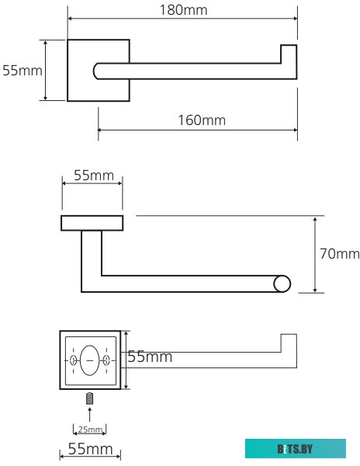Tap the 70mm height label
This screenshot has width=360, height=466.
tap(340, 254)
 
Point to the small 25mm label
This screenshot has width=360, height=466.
tap(89, 429)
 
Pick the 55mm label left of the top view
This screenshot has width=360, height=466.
tap(22, 71)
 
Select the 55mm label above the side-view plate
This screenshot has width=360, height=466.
tap(93, 176)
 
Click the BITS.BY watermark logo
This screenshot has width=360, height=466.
tap(296, 448)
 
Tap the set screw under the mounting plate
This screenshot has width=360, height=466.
tap(90, 399)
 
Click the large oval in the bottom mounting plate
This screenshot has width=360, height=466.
tap(90, 360)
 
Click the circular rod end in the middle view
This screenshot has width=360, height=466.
tap(282, 283)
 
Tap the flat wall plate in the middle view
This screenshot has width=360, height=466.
tap(92, 224)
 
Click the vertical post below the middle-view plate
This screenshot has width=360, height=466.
tap(91, 260)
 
